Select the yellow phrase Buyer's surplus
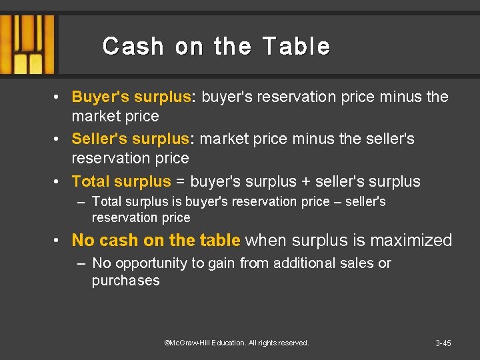point(131,97)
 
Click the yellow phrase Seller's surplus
point(131,139)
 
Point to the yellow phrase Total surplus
point(121,181)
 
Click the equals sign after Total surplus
point(181,181)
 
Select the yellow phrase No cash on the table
point(156,240)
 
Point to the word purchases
point(126,281)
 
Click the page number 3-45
point(443,343)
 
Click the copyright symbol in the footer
point(167,343)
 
